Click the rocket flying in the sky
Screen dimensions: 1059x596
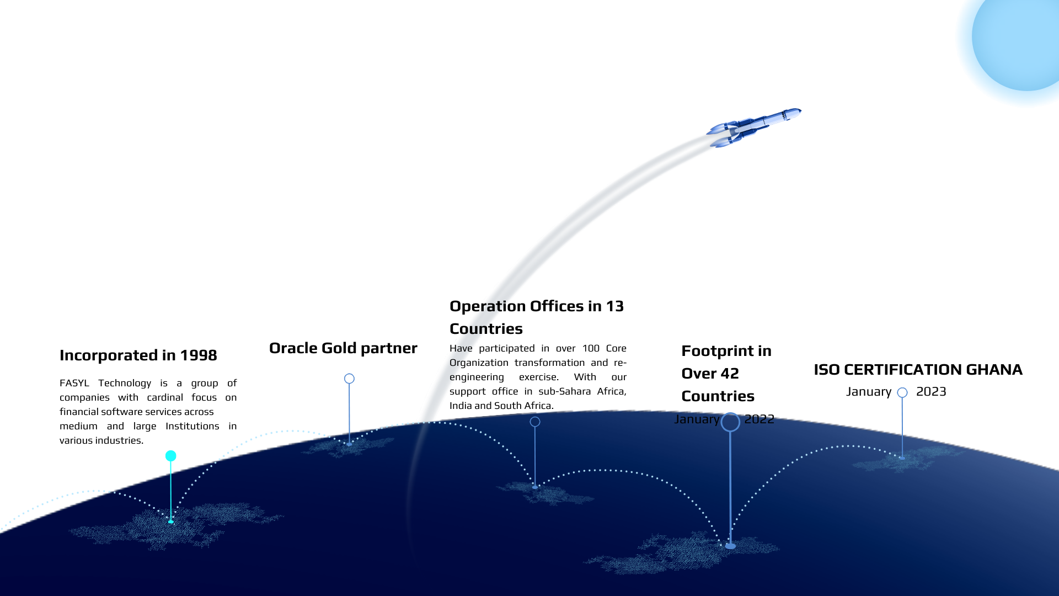pos(753,128)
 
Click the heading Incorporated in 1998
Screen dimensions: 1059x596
pos(138,355)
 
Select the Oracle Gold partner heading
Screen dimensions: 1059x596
pos(343,348)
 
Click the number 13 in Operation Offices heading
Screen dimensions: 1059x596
pos(615,306)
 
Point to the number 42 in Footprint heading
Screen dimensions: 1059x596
pos(730,374)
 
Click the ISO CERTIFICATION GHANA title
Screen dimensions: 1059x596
pos(918,370)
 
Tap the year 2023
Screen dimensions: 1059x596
pos(931,392)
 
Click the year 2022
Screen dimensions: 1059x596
pos(759,419)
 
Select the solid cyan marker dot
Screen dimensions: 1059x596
pos(171,456)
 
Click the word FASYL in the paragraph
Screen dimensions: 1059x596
pos(74,383)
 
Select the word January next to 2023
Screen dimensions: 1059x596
pos(869,392)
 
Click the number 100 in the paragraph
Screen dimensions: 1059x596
pos(591,348)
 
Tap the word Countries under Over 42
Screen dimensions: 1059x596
pos(718,396)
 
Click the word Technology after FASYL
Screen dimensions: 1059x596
pos(125,384)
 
